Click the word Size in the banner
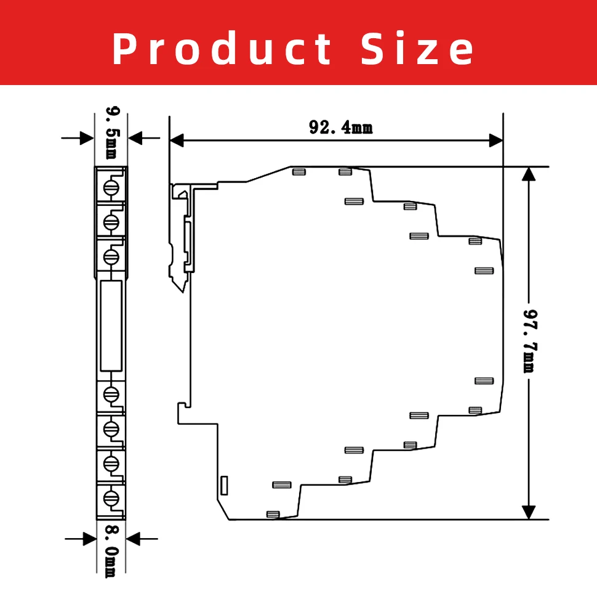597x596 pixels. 417,49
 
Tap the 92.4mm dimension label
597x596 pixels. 341,128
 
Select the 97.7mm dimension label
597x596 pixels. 530,341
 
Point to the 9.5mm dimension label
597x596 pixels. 112,133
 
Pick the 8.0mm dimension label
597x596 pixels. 112,552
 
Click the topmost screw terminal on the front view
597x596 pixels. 111,187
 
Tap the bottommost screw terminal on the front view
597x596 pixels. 111,498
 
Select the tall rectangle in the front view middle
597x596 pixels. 111,326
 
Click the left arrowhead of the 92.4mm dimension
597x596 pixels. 176,141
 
